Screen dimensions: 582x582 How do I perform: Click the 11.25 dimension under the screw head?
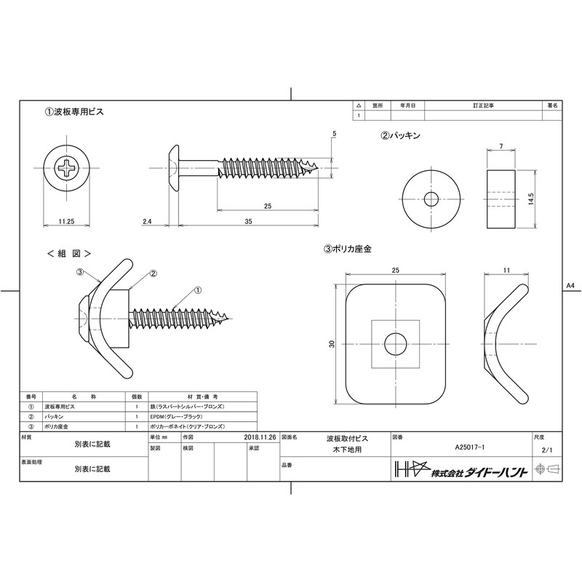(66, 220)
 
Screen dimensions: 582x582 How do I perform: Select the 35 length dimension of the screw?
(247, 220)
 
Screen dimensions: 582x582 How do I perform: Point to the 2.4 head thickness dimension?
(147, 220)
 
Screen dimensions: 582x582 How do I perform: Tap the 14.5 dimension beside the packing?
(533, 198)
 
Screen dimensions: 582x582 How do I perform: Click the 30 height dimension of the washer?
(332, 344)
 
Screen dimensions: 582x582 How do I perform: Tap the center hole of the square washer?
(396, 342)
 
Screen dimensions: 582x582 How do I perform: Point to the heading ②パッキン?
(401, 135)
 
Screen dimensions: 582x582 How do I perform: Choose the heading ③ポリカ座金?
(348, 249)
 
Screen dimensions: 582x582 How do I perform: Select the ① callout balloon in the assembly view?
(197, 290)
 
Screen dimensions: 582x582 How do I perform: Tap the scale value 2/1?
(548, 451)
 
